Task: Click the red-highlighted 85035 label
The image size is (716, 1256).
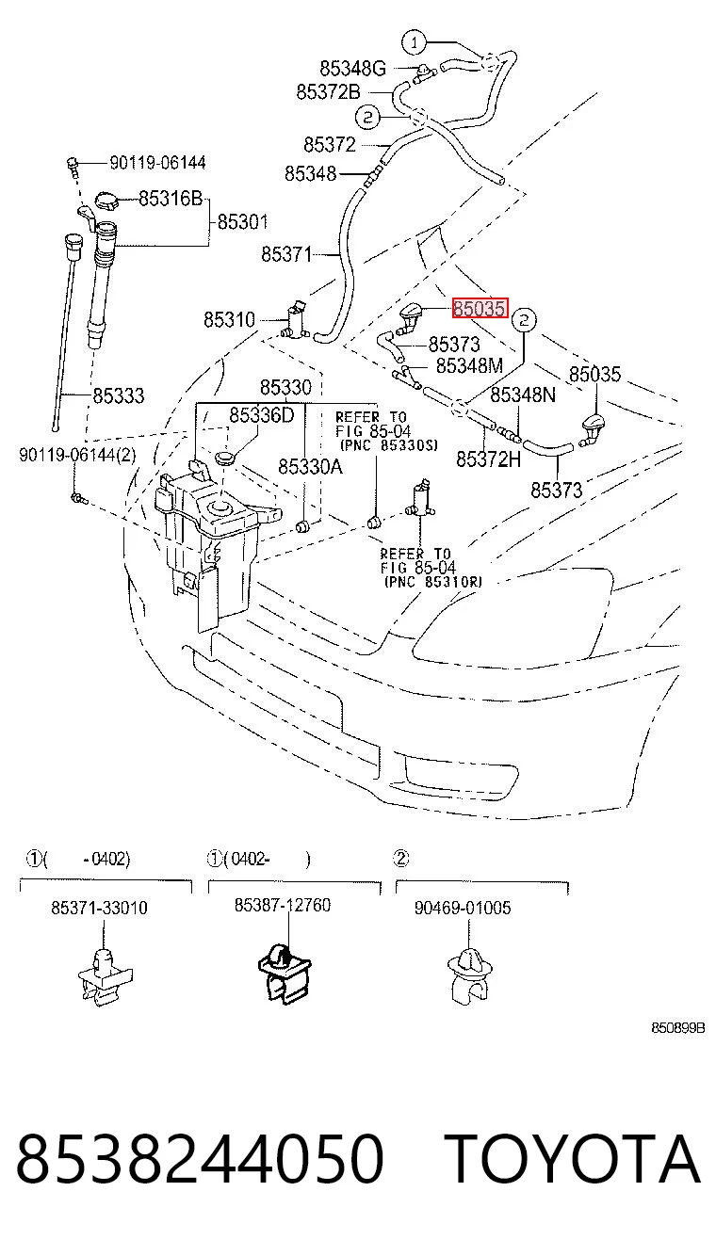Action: tap(480, 308)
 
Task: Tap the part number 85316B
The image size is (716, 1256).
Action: tap(171, 198)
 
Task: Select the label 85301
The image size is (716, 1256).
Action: tap(242, 222)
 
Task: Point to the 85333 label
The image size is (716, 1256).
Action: tap(119, 395)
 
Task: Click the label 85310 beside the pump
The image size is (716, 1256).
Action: tap(229, 319)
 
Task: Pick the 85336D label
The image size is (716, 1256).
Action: tap(262, 415)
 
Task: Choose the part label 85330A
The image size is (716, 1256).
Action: tap(310, 466)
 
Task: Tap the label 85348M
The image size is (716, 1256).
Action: tap(470, 365)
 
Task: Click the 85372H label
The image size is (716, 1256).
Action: tap(488, 459)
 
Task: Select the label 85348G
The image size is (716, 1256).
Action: tap(353, 69)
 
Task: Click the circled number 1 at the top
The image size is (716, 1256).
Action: tap(415, 42)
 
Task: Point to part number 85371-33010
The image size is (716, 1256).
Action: tap(99, 908)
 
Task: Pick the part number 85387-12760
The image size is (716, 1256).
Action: tap(283, 905)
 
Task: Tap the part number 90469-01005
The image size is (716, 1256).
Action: tap(463, 908)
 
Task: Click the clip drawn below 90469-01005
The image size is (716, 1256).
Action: tap(470, 975)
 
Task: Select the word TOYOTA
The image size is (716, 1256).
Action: tap(572, 1158)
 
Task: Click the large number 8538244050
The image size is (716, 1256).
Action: tap(200, 1158)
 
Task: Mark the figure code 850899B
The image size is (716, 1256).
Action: tap(677, 1028)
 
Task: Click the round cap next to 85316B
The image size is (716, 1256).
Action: tap(107, 201)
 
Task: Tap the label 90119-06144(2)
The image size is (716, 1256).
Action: tap(77, 454)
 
